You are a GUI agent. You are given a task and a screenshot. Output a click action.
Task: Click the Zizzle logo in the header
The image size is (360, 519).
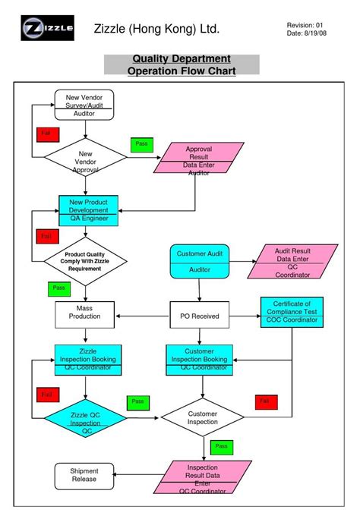[x=47, y=29]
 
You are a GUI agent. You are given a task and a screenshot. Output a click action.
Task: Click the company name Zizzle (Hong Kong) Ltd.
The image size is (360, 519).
[x=156, y=30]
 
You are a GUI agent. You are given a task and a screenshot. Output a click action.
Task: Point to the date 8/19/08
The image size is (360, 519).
[x=308, y=34]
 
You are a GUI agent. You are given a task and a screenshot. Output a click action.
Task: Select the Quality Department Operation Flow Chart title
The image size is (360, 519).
[x=182, y=64]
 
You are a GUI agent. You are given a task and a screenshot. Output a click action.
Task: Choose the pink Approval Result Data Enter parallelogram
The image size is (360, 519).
[x=199, y=160]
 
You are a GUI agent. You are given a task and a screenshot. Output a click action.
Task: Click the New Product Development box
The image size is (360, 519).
[x=89, y=210]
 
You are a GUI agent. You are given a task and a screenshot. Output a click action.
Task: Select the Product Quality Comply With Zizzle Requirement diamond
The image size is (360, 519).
[x=84, y=261]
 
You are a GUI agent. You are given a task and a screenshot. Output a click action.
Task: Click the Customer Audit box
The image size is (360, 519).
[x=198, y=260]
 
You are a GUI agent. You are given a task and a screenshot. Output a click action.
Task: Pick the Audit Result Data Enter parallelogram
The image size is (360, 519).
[x=292, y=261]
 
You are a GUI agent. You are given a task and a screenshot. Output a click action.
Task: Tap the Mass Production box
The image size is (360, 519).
[x=84, y=312]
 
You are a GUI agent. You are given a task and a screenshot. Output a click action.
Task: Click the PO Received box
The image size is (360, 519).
[x=200, y=315]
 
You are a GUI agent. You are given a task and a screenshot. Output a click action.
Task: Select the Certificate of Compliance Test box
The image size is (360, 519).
[x=292, y=311]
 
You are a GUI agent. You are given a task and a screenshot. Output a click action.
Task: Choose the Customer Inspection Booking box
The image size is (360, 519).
[x=199, y=360]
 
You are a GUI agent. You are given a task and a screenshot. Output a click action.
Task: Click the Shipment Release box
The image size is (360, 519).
[x=84, y=475]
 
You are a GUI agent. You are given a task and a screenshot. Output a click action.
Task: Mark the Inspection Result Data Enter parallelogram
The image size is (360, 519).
[x=202, y=478]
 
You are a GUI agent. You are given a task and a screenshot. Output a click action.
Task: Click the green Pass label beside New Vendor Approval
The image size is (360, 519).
[x=141, y=144]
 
